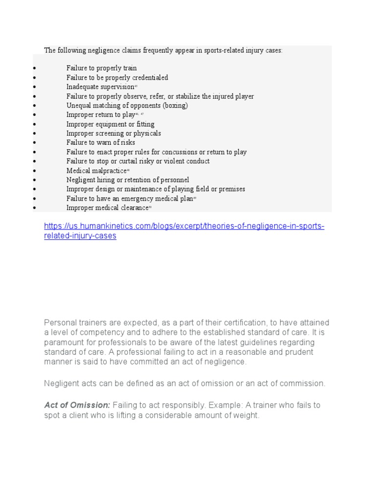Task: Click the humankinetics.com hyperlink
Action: coord(184,231)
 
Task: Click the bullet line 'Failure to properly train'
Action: coord(101,68)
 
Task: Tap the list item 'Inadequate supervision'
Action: coord(100,87)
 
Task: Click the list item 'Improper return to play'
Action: coord(100,114)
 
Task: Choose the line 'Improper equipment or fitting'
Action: coord(110,124)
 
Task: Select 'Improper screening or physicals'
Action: coord(114,133)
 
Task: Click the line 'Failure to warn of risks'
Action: coord(100,142)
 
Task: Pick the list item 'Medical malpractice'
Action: coord(96,171)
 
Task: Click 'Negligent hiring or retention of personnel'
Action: coord(127,180)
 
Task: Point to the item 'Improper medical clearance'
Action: coord(107,208)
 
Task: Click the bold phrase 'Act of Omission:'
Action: coord(77,405)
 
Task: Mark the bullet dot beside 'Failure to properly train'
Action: coord(35,68)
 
